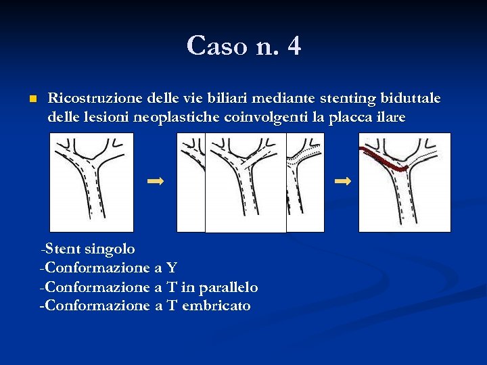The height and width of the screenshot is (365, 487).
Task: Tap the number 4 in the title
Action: click(294, 46)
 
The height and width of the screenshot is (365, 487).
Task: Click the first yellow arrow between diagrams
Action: click(156, 181)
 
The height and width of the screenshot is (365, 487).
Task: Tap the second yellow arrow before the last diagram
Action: click(343, 181)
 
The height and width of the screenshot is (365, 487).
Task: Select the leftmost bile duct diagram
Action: click(91, 182)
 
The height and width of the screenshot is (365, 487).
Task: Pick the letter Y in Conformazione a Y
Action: click(172, 268)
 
